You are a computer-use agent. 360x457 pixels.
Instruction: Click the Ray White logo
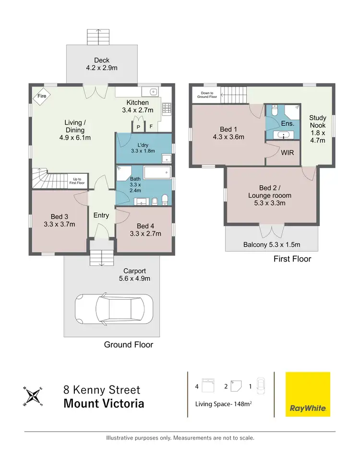click(308, 394)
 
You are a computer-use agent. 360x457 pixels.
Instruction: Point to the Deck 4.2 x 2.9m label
click(101, 64)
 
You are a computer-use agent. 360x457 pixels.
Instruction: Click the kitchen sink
click(153, 92)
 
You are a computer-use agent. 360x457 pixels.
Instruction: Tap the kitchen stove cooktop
click(167, 108)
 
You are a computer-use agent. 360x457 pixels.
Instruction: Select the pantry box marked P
click(138, 127)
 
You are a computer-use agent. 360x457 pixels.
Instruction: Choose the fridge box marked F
click(150, 127)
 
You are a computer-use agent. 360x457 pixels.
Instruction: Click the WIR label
click(282, 153)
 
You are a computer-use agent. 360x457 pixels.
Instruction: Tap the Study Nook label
click(317, 129)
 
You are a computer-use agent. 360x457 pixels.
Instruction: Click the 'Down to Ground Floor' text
click(206, 95)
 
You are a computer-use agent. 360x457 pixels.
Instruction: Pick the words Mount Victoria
click(104, 403)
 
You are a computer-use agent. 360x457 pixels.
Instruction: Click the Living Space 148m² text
click(224, 404)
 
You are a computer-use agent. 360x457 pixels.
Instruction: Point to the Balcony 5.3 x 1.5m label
click(272, 244)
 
